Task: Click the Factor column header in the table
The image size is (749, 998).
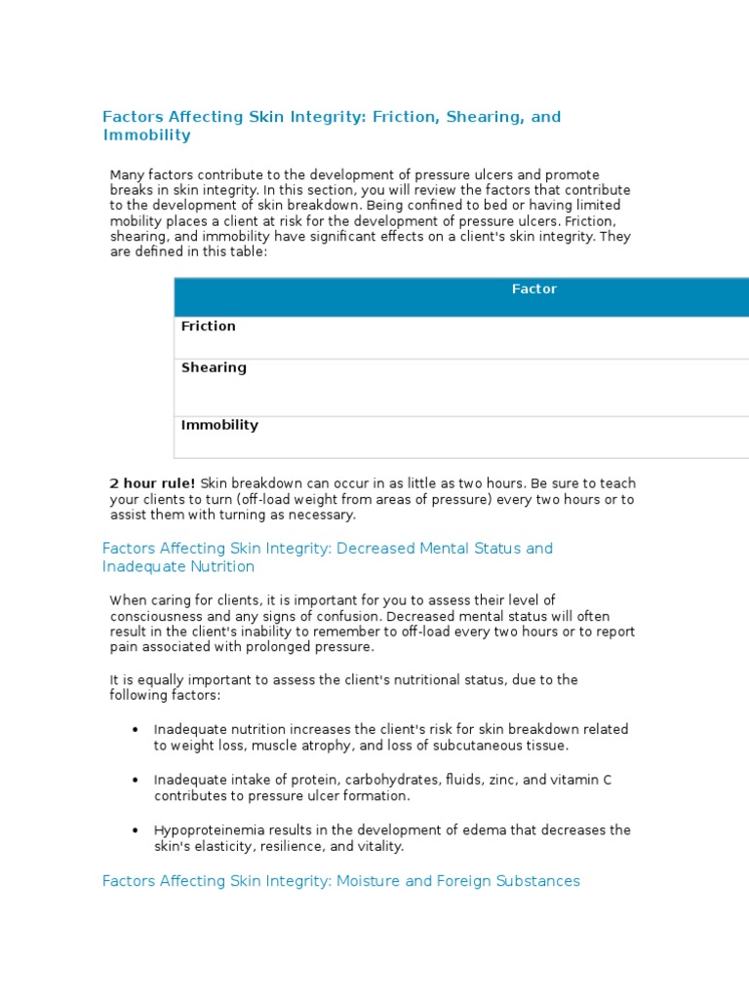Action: coord(534,289)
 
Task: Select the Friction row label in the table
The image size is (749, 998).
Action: coord(208,326)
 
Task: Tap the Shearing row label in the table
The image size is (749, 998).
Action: coord(214,368)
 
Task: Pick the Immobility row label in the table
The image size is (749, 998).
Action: coord(219,426)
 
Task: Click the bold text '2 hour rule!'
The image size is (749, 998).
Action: coord(152,483)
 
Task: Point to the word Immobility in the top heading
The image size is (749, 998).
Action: coord(146,135)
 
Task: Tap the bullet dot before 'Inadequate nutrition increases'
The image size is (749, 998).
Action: coord(135,730)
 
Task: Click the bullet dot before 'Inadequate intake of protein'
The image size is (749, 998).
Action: coord(135,781)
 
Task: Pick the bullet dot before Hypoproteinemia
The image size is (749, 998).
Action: coord(135,831)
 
